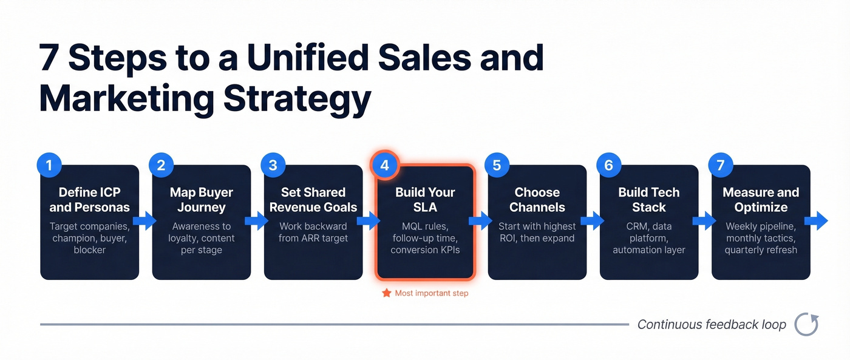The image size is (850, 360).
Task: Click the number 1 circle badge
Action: [x=49, y=165]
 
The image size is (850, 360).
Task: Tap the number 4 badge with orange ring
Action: [x=385, y=165]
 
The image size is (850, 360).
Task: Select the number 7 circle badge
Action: [x=721, y=165]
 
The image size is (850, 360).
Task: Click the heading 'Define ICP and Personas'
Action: [x=90, y=200]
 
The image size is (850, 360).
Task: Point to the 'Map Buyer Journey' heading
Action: [x=202, y=200]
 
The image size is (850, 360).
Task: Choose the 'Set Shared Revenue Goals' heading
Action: [x=313, y=200]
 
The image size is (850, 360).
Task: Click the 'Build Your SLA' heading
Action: [x=425, y=200]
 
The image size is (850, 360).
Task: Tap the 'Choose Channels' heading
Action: [x=537, y=200]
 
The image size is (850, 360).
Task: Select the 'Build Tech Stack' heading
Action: [x=649, y=200]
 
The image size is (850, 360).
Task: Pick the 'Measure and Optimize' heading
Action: [x=761, y=200]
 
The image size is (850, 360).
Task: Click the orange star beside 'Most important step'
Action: [x=386, y=293]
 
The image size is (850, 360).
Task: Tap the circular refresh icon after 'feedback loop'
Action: [x=807, y=324]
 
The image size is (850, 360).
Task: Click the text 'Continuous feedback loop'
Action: [x=712, y=325]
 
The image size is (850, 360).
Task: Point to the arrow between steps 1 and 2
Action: [x=145, y=221]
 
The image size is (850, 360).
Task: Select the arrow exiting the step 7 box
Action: [x=820, y=221]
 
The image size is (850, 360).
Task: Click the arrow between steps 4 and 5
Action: [x=481, y=221]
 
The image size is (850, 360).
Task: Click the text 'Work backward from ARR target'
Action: [x=313, y=232]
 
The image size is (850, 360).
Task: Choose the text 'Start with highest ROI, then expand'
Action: [x=537, y=232]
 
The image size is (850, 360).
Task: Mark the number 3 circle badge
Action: [x=273, y=165]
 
